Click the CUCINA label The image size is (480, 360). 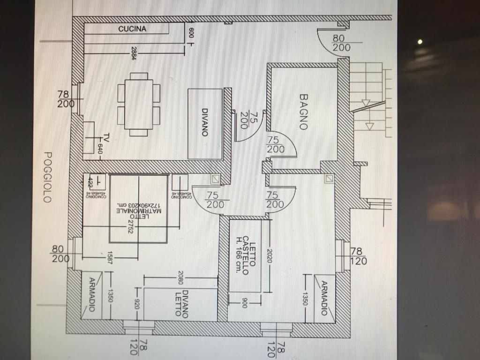click(x=132, y=29)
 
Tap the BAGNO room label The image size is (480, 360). click(x=304, y=112)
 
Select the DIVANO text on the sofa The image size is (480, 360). click(x=205, y=122)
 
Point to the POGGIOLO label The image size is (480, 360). click(x=47, y=177)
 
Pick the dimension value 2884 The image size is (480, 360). click(x=134, y=52)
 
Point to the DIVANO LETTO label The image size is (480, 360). click(x=181, y=304)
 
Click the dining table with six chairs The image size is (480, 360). click(x=139, y=104)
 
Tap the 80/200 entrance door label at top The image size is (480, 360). click(x=341, y=43)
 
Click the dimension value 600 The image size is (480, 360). click(x=191, y=33)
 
